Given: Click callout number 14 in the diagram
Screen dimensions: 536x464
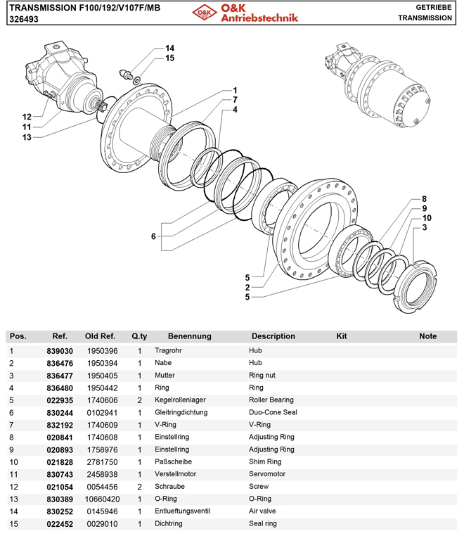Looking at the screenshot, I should (x=169, y=49).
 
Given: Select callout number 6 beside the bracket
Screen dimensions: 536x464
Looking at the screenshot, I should (x=153, y=237).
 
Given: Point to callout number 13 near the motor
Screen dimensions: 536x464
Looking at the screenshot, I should (x=27, y=137).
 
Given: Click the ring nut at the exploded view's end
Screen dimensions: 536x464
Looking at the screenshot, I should (x=415, y=282).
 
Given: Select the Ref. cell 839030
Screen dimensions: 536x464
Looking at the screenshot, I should (x=60, y=350).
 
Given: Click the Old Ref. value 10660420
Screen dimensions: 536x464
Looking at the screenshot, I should (x=101, y=499).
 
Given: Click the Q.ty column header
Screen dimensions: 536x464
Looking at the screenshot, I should (x=139, y=336).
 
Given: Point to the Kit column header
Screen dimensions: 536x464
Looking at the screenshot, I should (x=342, y=336).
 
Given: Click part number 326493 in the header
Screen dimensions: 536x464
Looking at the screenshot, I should (x=23, y=20).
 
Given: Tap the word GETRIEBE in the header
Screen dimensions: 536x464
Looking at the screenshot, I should (x=433, y=6).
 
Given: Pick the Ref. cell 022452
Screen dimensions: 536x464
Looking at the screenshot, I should (x=60, y=524).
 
